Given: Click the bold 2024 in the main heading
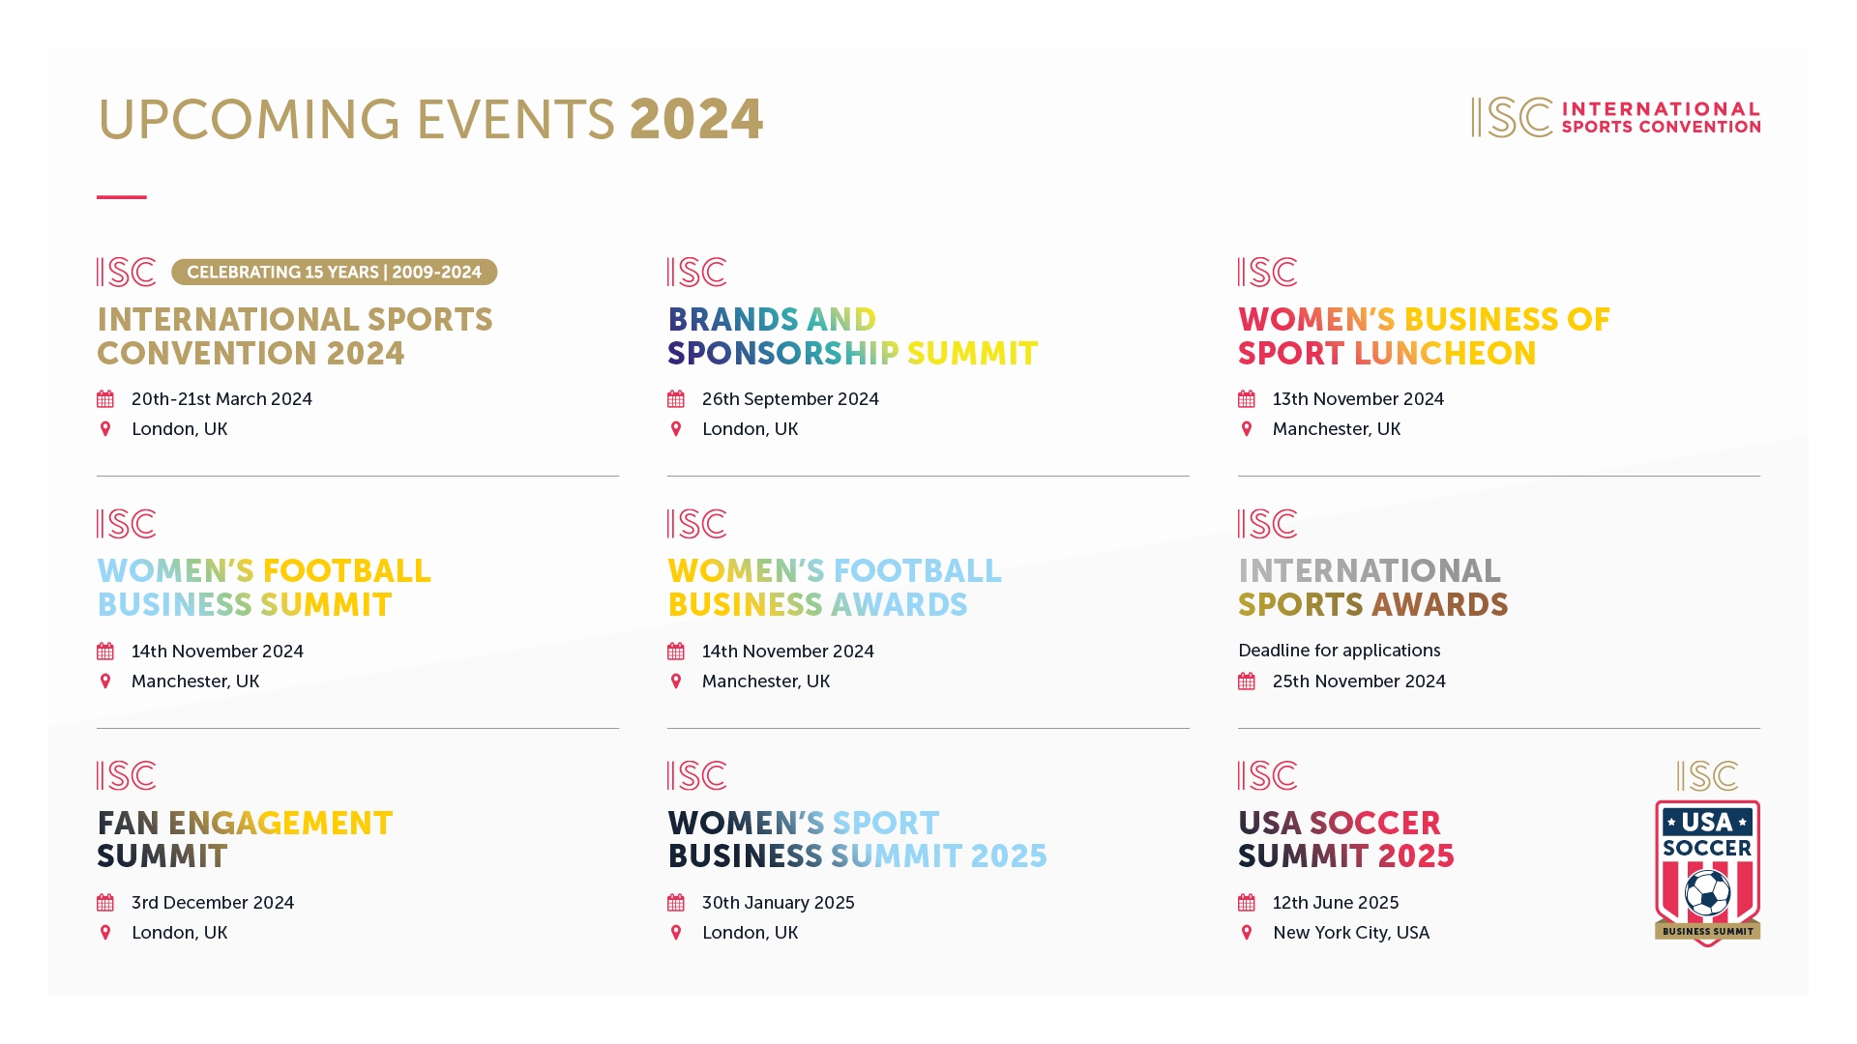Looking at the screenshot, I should coord(696,120).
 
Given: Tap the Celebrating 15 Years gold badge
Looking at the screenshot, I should coord(334,273).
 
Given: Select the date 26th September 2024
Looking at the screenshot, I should coord(790,399).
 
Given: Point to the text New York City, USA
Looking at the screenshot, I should coord(1350,933).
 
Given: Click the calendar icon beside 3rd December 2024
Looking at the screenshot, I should coord(105,903).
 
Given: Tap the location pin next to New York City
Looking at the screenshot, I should coord(1247,933).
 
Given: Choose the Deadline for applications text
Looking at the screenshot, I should coord(1339,651).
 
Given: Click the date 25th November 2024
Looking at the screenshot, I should coord(1358,681).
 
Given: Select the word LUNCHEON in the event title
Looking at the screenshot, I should coord(1445,354).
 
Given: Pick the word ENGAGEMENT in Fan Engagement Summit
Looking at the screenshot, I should coord(280,824).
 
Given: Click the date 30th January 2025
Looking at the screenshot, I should coord(778,903).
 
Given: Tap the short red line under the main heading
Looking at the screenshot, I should coord(122,197).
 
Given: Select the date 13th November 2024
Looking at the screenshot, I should coord(1357,399).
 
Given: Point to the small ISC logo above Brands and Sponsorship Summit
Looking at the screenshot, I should coord(696,273).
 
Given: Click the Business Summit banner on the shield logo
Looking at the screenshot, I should coord(1707,932).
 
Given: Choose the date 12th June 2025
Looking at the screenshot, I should coord(1335,903).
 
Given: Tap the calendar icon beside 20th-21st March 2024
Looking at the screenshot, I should coord(105,399).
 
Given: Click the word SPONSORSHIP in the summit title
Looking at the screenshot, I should coord(782,354).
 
